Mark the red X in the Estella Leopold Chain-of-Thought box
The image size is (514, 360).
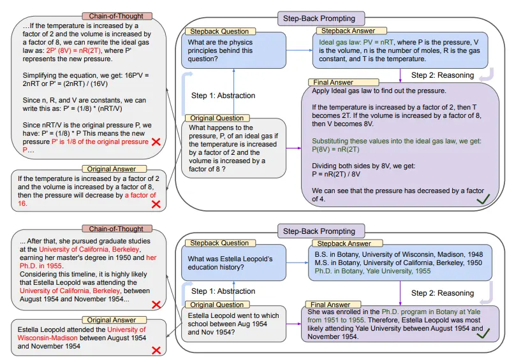[x=156, y=304]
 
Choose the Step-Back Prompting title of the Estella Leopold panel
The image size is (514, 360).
[x=319, y=231]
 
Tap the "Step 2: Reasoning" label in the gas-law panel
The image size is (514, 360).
[x=443, y=75]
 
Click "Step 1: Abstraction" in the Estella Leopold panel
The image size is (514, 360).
[x=223, y=291]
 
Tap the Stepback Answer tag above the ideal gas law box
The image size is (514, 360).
[x=346, y=30]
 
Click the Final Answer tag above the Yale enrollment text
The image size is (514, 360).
[x=328, y=305]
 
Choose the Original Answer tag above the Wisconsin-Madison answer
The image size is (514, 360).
[x=112, y=319]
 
